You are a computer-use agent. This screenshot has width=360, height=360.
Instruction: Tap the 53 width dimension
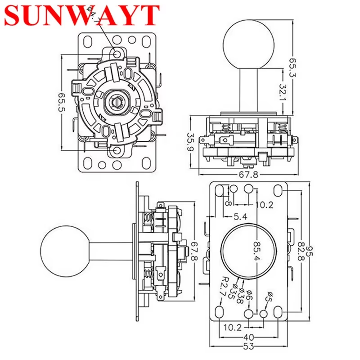point(249,346)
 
